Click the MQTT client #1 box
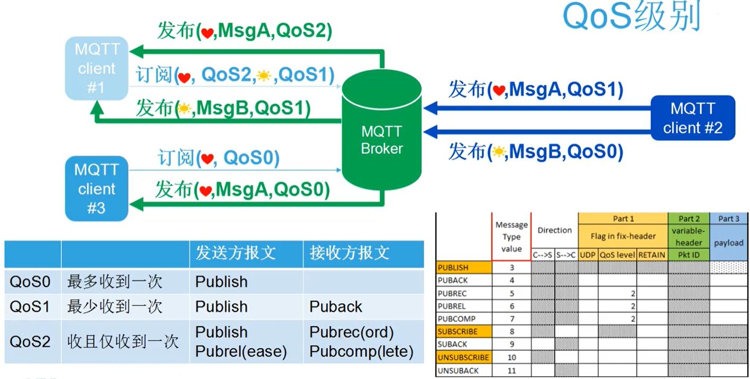tap(96, 68)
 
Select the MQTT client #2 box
tap(692, 118)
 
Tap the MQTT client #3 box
tap(96, 189)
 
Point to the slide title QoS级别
tap(632, 17)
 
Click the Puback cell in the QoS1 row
tap(336, 307)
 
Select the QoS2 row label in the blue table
tap(30, 341)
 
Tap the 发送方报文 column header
tap(235, 253)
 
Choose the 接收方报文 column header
tap(350, 253)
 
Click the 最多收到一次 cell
tap(114, 282)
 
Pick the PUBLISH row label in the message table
tap(453, 267)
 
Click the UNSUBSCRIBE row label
tap(464, 357)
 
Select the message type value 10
tap(511, 357)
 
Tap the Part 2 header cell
tap(689, 219)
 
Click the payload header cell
tap(728, 243)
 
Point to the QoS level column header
tap(617, 255)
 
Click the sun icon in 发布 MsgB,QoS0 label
tap(498, 152)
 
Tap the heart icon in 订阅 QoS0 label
tap(207, 159)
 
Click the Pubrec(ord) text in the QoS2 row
tap(352, 332)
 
